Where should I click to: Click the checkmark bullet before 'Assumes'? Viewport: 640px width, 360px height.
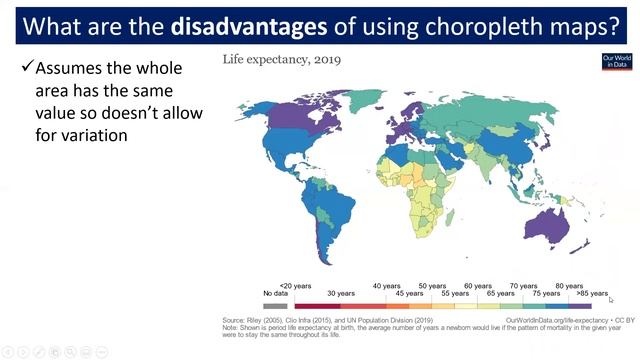[27, 69]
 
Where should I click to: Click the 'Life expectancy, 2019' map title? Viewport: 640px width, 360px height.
[281, 60]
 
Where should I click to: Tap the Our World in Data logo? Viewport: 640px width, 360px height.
[615, 62]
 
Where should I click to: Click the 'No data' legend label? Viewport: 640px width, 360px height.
[275, 293]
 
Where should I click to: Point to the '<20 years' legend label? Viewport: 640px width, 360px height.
[295, 285]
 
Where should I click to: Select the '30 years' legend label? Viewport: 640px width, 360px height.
[341, 293]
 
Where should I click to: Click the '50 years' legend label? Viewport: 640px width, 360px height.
[432, 285]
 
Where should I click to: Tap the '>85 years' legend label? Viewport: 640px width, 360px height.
[592, 293]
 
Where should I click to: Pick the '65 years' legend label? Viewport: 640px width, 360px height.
[500, 293]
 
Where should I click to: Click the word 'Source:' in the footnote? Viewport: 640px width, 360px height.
[235, 320]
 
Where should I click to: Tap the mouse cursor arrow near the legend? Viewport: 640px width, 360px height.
[611, 299]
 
